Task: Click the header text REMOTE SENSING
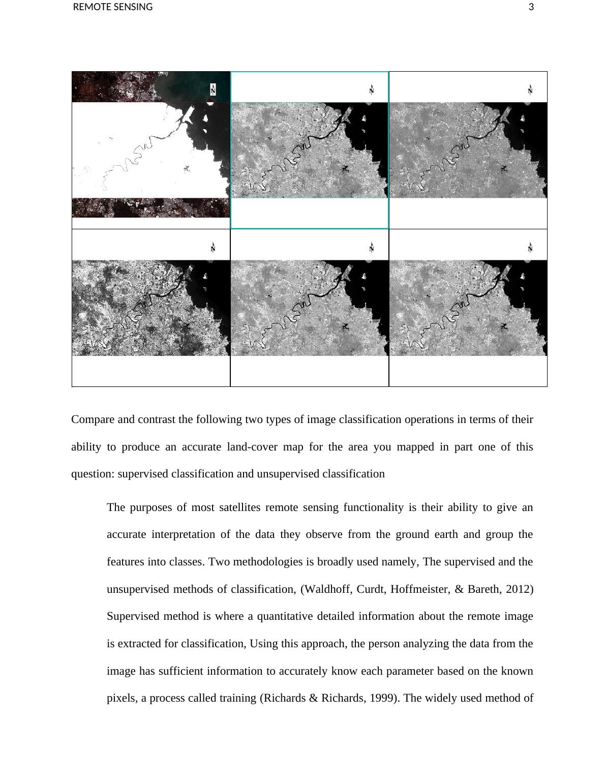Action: point(113,7)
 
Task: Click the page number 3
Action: point(531,7)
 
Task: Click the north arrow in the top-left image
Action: point(213,90)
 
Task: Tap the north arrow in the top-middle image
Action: point(372,90)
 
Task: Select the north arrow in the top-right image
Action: point(530,90)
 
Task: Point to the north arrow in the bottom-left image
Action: point(213,248)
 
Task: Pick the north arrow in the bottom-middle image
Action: point(372,248)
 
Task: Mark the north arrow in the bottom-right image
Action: point(530,248)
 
